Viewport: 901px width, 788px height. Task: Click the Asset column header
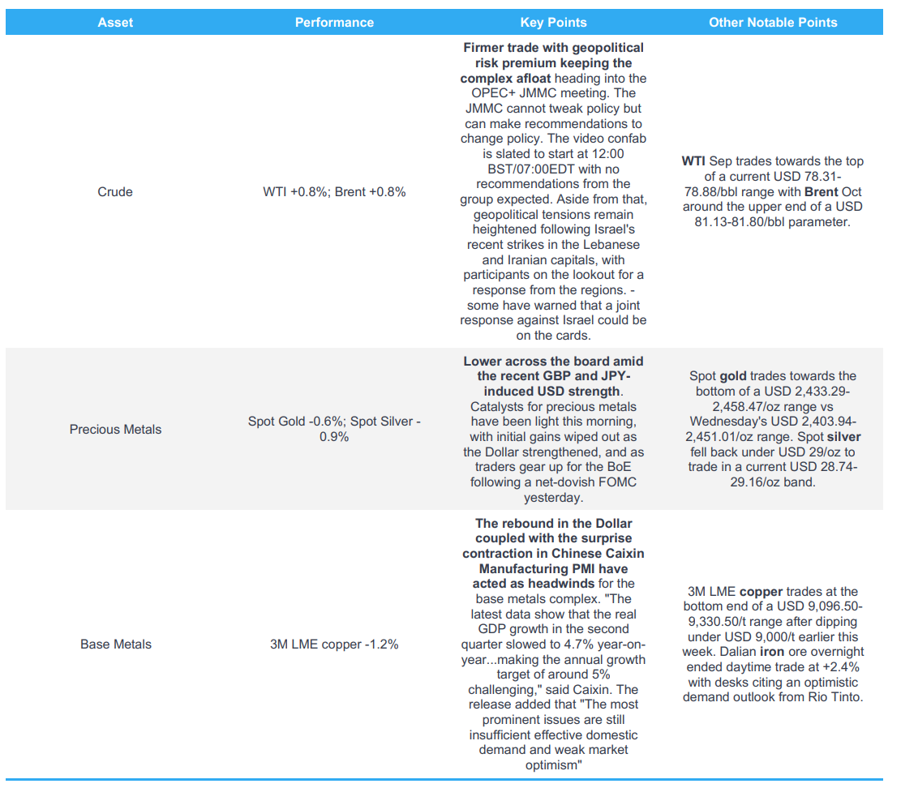tap(115, 23)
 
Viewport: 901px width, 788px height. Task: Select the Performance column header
tap(334, 23)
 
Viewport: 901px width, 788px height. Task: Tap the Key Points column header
tap(553, 23)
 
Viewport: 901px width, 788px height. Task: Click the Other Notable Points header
tap(773, 23)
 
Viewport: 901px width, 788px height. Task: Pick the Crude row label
tap(115, 192)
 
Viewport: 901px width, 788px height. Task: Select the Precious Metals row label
tap(115, 429)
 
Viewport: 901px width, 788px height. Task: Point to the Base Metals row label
tap(115, 645)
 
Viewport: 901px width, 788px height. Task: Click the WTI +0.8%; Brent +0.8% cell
tap(334, 192)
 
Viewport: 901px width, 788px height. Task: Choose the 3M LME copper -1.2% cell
tap(334, 645)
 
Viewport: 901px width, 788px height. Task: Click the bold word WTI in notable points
tap(694, 161)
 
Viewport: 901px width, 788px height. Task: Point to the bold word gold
tap(734, 376)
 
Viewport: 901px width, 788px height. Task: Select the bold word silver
tap(843, 437)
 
